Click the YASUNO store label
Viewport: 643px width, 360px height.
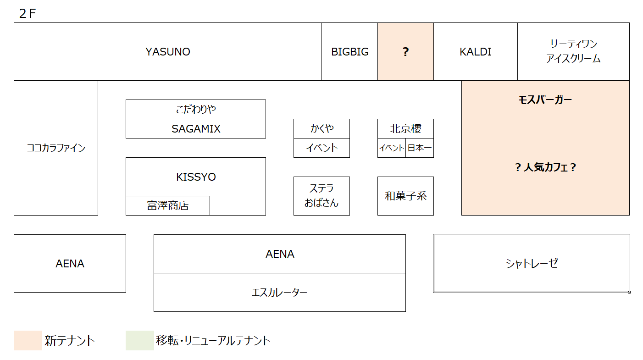168,52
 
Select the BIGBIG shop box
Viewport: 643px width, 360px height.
349,52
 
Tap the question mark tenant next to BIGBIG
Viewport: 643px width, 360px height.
405,52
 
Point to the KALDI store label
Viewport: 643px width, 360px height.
475,52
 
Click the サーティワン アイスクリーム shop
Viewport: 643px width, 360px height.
573,52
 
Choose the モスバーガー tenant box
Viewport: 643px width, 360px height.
545,100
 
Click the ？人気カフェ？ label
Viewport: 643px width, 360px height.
545,167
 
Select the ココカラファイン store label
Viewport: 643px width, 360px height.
56,148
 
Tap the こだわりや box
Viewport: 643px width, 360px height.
196,110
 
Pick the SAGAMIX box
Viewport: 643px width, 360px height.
196,128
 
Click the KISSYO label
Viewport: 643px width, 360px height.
196,177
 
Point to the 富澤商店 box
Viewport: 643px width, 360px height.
168,205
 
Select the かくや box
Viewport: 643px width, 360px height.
321,128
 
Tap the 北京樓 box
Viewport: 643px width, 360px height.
405,128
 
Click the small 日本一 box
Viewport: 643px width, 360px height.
420,148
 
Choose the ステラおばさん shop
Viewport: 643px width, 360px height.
321,196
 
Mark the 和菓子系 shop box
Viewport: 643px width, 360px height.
405,196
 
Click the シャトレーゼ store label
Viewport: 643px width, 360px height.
532,263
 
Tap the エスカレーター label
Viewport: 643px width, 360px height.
280,292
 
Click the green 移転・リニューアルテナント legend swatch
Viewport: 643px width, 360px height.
140,340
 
